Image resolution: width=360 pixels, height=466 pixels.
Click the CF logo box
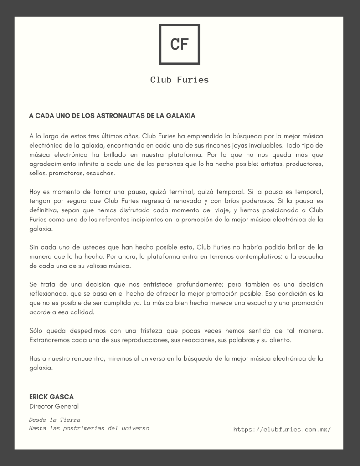point(179,44)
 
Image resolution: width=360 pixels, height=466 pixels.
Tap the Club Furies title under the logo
point(179,80)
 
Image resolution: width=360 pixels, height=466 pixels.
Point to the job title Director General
point(54,406)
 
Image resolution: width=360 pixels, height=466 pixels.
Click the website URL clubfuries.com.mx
point(282,429)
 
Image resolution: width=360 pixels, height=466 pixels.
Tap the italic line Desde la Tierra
point(55,420)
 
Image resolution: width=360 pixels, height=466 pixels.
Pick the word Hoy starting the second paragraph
point(35,191)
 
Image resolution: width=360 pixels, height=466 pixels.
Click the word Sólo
point(36,331)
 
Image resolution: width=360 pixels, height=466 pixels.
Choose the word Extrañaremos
point(51,340)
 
